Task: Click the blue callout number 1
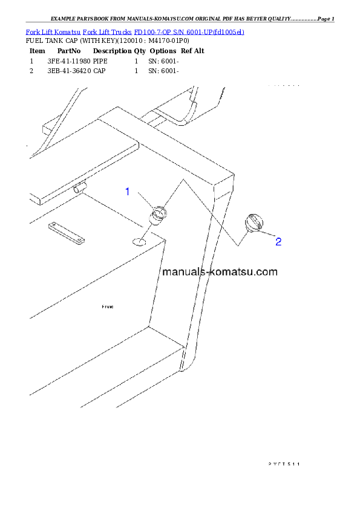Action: point(128,192)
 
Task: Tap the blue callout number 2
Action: point(278,242)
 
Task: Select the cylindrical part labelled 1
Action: point(159,215)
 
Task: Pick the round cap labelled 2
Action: point(254,223)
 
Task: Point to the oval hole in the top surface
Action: point(139,242)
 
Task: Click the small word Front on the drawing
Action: point(108,307)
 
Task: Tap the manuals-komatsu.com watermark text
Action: point(220,271)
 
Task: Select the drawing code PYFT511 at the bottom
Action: point(284,464)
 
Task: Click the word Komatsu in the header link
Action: point(67,31)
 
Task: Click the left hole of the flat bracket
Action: point(53,227)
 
